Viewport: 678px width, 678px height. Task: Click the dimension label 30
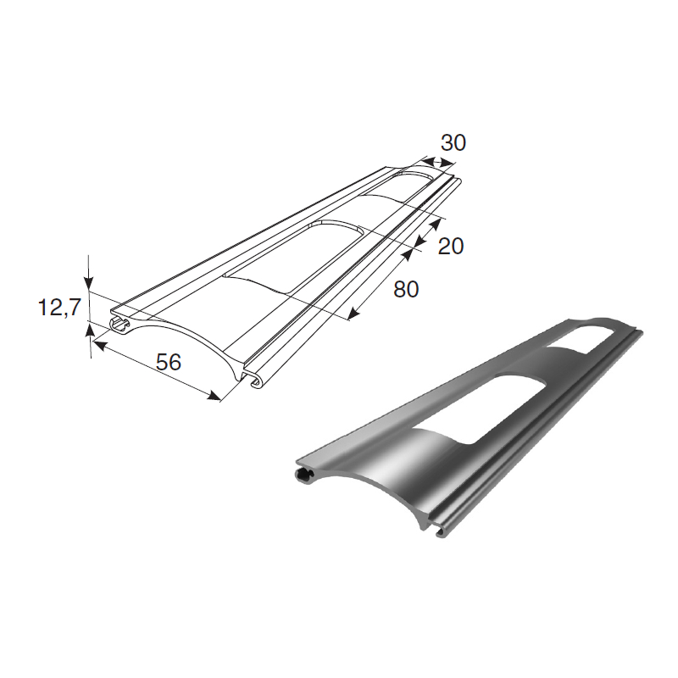click(453, 142)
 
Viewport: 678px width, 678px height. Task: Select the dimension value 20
click(451, 246)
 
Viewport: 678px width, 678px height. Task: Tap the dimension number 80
click(406, 289)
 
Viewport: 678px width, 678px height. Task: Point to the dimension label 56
click(168, 362)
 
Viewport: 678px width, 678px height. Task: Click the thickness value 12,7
click(59, 308)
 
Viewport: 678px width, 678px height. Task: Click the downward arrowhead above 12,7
click(88, 282)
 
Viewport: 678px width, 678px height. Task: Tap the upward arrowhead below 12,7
click(90, 331)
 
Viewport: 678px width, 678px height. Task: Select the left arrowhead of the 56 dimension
click(100, 346)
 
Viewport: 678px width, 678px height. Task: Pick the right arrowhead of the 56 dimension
click(214, 396)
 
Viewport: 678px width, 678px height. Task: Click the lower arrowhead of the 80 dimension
click(354, 314)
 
